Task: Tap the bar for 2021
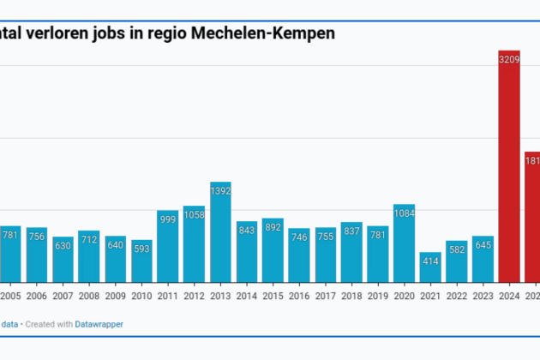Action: (430, 267)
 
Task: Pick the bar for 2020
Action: (404, 243)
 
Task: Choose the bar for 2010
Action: (142, 261)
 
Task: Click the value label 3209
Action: (509, 59)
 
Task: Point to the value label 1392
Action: (221, 189)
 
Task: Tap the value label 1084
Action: (404, 212)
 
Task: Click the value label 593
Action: (142, 249)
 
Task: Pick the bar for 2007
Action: (63, 260)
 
